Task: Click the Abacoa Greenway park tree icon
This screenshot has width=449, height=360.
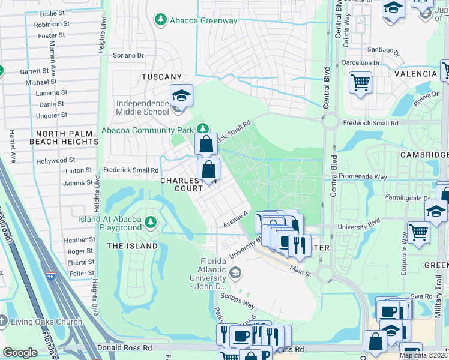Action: [161, 20]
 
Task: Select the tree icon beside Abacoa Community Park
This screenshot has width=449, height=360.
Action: [203, 128]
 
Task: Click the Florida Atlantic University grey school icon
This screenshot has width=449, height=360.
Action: [235, 273]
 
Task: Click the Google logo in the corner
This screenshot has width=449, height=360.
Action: [20, 353]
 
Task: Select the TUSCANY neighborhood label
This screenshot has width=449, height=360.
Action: [161, 77]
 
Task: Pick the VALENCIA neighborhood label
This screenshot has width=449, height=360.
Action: [415, 74]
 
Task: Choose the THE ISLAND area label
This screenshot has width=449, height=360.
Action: [132, 246]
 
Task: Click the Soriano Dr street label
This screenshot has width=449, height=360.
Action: [129, 55]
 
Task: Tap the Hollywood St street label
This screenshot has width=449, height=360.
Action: [55, 160]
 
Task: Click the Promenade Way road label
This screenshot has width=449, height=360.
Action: [364, 177]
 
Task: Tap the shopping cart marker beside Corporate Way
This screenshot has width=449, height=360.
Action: [418, 232]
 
